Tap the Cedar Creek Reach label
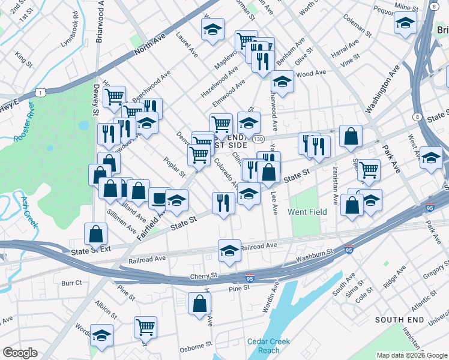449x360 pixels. (x=268, y=346)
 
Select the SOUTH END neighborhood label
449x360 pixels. (x=400, y=320)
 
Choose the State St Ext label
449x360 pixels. (x=91, y=251)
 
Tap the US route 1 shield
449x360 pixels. (x=40, y=91)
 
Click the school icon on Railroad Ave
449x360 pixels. (x=229, y=251)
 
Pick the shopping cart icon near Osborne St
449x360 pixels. (x=145, y=327)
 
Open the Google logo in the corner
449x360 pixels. (x=20, y=353)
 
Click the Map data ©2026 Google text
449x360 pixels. (x=411, y=355)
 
